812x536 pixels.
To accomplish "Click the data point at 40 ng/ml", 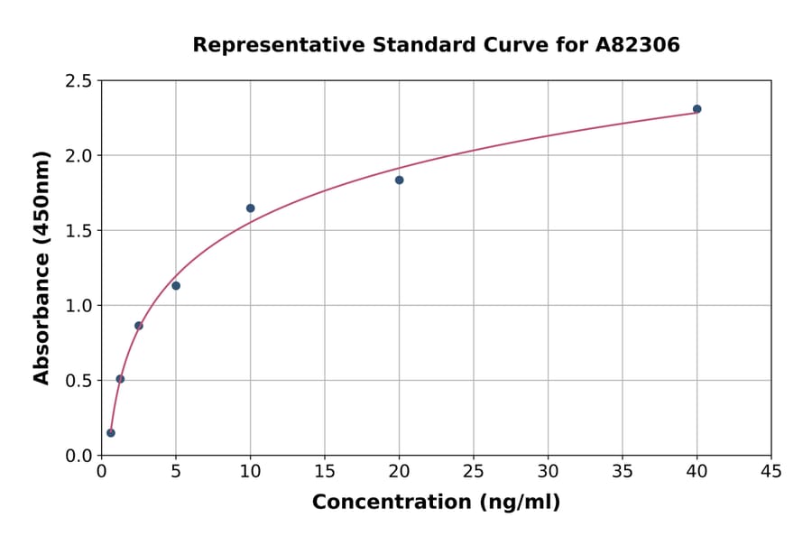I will (697, 109).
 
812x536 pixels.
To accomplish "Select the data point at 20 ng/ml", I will (399, 180).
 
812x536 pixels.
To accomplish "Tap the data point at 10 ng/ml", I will (250, 208).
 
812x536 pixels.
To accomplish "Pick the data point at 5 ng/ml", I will (176, 286).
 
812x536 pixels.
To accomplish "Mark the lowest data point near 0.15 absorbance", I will (111, 433).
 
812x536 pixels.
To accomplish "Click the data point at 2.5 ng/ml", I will (139, 326).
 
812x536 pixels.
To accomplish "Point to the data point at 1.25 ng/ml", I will (120, 379).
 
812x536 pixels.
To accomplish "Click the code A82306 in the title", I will (637, 45).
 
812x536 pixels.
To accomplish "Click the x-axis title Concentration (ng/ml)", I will (436, 503).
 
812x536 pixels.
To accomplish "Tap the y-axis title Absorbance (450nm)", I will (42, 267).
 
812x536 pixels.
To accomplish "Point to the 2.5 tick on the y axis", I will (78, 81).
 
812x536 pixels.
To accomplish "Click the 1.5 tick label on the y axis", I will (78, 231).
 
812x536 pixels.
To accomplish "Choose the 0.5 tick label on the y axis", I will (78, 381).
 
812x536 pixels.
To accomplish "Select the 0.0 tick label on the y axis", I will (78, 456).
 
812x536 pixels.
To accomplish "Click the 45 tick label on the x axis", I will (770, 472).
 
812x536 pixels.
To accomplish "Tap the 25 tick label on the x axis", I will (473, 472).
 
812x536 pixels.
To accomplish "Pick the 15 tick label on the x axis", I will (324, 472).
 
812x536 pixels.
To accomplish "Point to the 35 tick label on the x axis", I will (622, 472).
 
